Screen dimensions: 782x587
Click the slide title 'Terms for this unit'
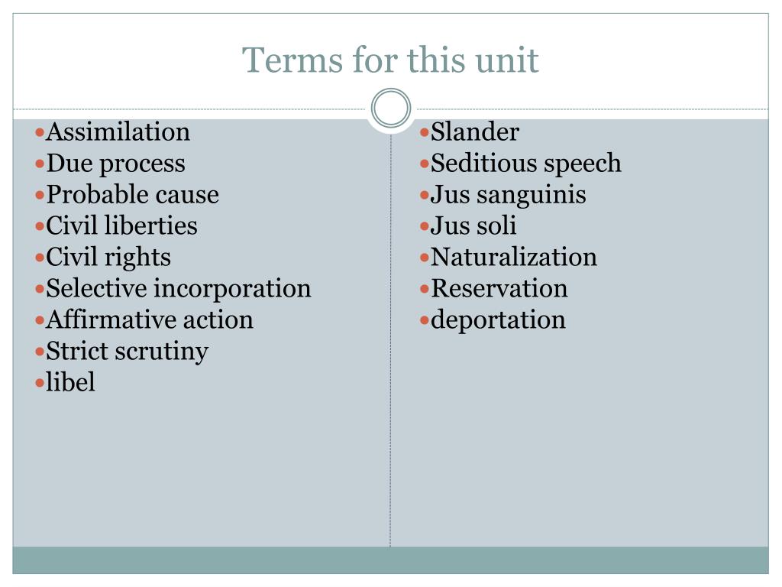pyautogui.click(x=390, y=60)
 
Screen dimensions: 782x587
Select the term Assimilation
pyautogui.click(x=118, y=132)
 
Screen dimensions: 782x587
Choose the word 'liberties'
pyautogui.click(x=151, y=225)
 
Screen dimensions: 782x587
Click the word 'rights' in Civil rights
pyautogui.click(x=137, y=258)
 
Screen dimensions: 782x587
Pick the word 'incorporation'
pyautogui.click(x=232, y=289)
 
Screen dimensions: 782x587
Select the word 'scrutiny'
pyautogui.click(x=162, y=352)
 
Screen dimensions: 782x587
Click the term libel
pyautogui.click(x=70, y=382)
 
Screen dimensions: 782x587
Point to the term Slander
pyautogui.click(x=475, y=132)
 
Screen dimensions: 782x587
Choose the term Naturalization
pyautogui.click(x=514, y=257)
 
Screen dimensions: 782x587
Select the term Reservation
pyautogui.click(x=499, y=288)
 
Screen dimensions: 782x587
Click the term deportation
pyautogui.click(x=498, y=320)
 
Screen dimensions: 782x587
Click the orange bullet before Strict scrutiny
pyautogui.click(x=40, y=352)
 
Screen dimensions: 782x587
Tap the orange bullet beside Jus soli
pyautogui.click(x=425, y=227)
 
